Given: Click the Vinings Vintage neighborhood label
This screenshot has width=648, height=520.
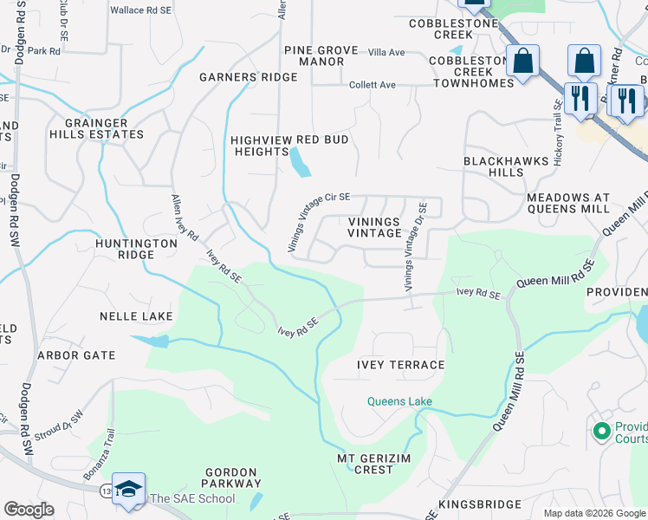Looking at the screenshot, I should [x=374, y=227].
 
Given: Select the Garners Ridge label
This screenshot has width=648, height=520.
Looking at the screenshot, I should [x=248, y=77].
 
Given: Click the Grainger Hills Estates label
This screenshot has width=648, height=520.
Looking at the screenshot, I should [x=96, y=128].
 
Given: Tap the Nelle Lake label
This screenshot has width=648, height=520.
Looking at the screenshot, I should [x=136, y=316].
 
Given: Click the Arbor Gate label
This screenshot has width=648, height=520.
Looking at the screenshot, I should [x=76, y=355].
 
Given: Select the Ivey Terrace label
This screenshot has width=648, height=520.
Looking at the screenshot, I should [x=400, y=365].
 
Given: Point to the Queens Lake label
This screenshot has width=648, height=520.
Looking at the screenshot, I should [x=399, y=401].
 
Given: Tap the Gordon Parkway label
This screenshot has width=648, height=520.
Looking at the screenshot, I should [x=230, y=478].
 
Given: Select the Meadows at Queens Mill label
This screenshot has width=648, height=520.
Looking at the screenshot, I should [x=568, y=203].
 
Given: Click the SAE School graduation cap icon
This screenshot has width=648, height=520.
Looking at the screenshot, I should [x=128, y=489].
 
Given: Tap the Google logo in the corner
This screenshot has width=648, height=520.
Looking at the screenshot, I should [x=29, y=510].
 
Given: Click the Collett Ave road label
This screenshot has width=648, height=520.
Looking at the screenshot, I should [x=372, y=85].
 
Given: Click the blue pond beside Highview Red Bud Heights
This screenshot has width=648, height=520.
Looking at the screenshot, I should [x=300, y=162].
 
